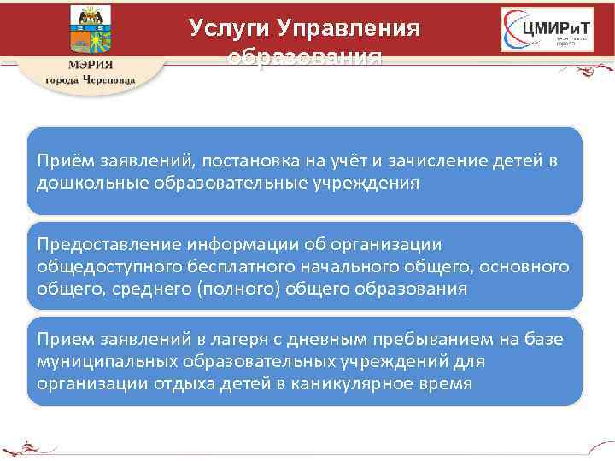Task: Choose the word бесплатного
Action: (x=225, y=266)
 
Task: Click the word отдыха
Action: (x=181, y=382)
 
